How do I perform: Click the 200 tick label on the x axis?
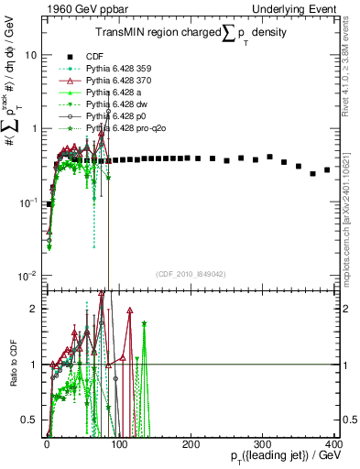(x=191, y=442)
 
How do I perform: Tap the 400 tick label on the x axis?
(x=334, y=442)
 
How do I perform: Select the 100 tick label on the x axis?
(x=119, y=442)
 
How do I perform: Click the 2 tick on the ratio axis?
(x=36, y=309)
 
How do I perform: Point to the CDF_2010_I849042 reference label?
(x=191, y=274)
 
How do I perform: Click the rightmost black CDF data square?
(x=327, y=170)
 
